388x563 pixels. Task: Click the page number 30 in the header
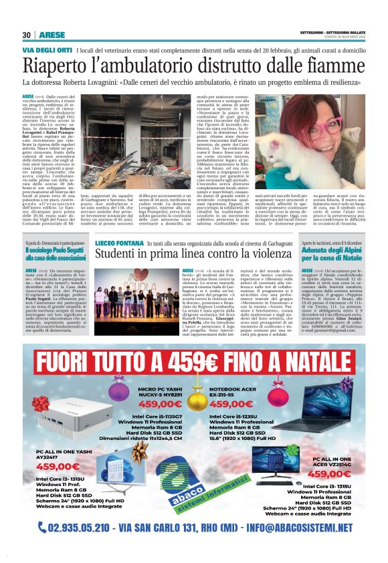point(27,35)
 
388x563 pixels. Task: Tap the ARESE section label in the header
point(52,35)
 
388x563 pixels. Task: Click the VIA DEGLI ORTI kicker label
point(46,51)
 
